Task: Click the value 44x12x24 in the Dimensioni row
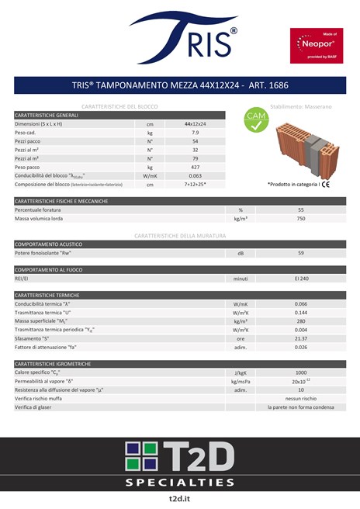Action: point(195,124)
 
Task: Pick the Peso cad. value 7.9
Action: point(195,133)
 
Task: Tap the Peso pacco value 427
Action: point(195,167)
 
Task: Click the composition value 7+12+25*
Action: point(195,185)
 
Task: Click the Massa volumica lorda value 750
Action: point(300,219)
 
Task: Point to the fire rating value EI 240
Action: point(300,278)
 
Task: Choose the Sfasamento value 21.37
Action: point(300,338)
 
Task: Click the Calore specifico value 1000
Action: point(300,372)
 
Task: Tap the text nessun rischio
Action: point(300,398)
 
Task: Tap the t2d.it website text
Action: point(179,498)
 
